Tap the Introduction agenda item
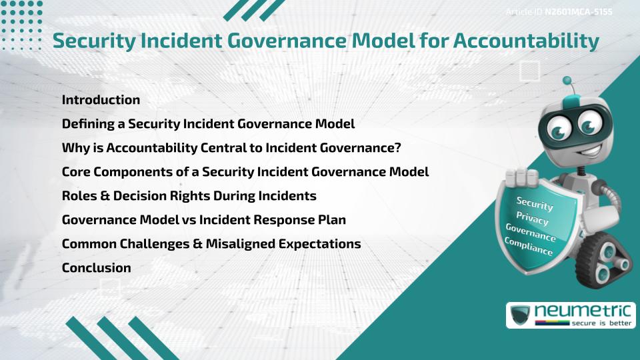tap(101, 100)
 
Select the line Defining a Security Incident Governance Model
tap(208, 124)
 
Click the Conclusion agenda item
tap(96, 268)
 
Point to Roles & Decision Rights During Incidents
tap(189, 196)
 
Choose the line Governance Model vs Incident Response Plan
tap(203, 220)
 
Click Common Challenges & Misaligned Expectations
tap(211, 244)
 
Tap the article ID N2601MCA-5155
tap(577, 11)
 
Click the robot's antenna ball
tap(567, 81)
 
